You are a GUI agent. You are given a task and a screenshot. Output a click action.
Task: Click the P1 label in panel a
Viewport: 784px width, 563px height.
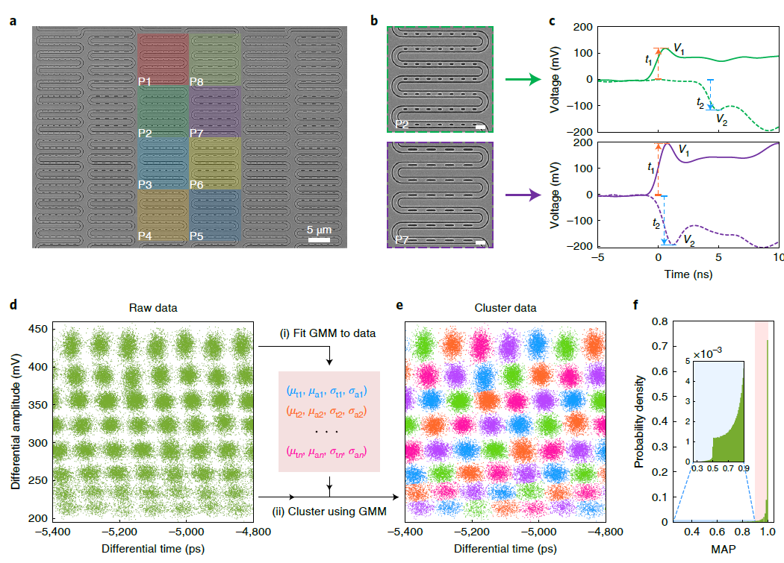(x=146, y=81)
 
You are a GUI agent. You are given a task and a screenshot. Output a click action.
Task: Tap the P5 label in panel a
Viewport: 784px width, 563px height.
(x=198, y=236)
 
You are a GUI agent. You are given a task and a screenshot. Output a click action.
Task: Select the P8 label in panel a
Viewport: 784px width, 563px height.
(x=198, y=81)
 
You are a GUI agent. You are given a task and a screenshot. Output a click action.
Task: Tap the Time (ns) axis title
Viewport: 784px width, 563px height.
(x=688, y=274)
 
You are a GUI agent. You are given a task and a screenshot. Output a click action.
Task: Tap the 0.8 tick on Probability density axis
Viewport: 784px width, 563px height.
(x=659, y=321)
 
